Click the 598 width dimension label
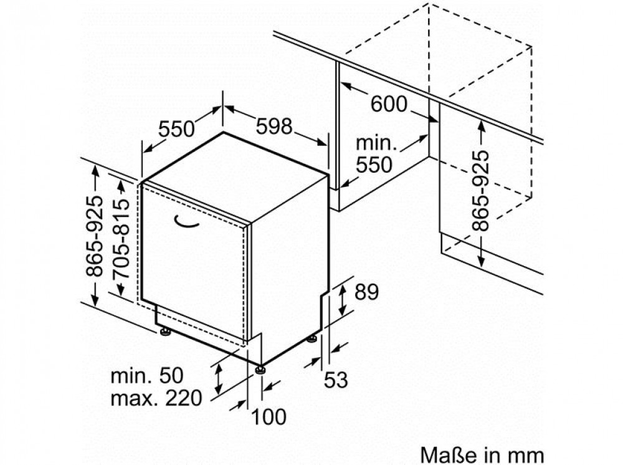click(x=273, y=127)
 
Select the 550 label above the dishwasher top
click(x=176, y=128)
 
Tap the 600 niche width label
click(x=389, y=104)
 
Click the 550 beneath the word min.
click(x=374, y=165)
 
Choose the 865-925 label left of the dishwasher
click(x=95, y=236)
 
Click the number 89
click(x=366, y=292)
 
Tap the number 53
click(x=336, y=380)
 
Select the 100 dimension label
click(x=269, y=416)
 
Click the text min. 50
click(x=146, y=376)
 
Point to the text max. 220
click(x=156, y=398)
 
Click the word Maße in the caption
click(x=448, y=454)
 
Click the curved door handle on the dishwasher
click(x=186, y=222)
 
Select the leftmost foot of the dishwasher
click(x=164, y=332)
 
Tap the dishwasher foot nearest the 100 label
click(x=260, y=369)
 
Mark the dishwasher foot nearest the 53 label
click(x=311, y=338)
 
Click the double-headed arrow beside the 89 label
click(x=341, y=300)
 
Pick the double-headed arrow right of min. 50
click(x=218, y=379)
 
